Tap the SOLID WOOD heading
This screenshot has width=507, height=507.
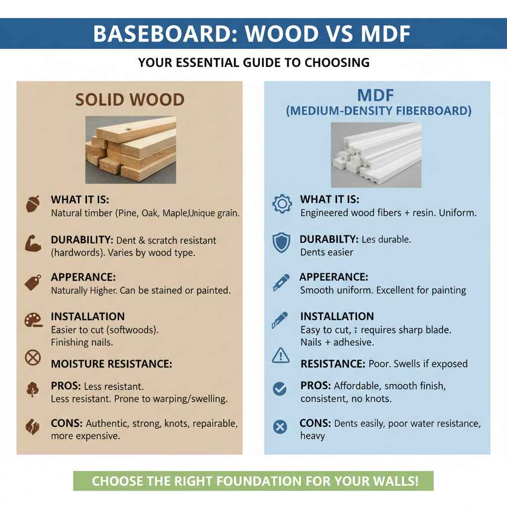pyautogui.click(x=130, y=100)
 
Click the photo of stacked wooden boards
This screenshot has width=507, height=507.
pyautogui.click(x=131, y=150)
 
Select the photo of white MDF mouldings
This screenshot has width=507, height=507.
pyautogui.click(x=376, y=154)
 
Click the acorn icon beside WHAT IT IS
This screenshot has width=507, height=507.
pyautogui.click(x=33, y=204)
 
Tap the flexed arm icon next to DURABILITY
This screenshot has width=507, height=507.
pyautogui.click(x=33, y=243)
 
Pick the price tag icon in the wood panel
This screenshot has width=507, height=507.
pyautogui.click(x=33, y=282)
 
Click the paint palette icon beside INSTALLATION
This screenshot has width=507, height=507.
pyautogui.click(x=33, y=320)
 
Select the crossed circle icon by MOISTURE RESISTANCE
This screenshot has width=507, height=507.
pyautogui.click(x=33, y=357)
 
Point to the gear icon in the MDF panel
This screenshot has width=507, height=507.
pyautogui.click(x=282, y=204)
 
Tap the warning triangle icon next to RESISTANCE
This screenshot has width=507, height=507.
pyautogui.click(x=281, y=355)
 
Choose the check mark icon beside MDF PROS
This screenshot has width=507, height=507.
pyautogui.click(x=280, y=389)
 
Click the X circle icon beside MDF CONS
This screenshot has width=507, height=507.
pyautogui.click(x=280, y=426)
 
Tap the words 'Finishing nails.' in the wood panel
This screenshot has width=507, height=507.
pyautogui.click(x=82, y=342)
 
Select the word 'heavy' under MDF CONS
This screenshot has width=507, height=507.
pyautogui.click(x=312, y=436)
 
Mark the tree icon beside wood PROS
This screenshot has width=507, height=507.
pyautogui.click(x=33, y=389)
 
